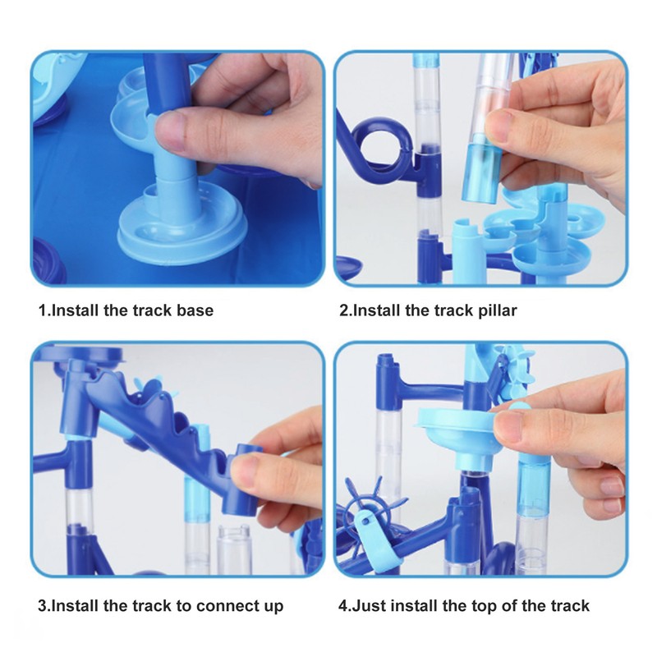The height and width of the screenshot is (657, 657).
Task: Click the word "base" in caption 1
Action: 195,311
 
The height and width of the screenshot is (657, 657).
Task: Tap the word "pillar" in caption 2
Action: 494,311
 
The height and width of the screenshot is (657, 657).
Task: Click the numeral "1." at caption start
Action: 44,311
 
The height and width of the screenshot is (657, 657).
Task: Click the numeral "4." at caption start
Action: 345,607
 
